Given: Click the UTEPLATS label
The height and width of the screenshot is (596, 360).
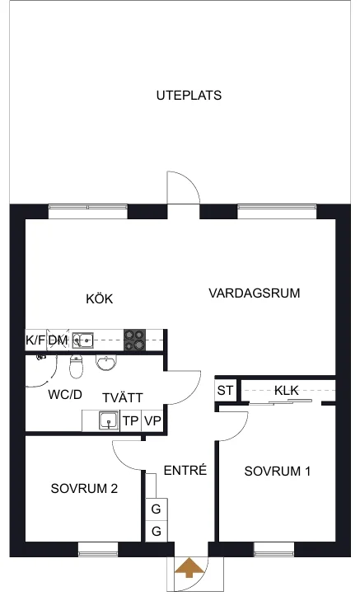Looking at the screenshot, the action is (189, 95).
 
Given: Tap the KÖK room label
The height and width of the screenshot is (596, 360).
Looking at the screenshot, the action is (100, 298).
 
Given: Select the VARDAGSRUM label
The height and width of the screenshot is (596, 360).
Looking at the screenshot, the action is (255, 293).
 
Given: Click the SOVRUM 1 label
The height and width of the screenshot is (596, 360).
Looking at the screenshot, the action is (278, 472).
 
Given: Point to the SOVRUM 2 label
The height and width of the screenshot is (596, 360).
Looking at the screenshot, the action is (84, 489).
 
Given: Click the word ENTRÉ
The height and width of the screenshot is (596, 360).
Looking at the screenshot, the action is (185, 470).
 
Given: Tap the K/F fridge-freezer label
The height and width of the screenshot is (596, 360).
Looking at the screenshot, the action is (35, 340).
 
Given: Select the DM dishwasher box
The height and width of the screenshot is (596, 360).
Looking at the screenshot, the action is (58, 340).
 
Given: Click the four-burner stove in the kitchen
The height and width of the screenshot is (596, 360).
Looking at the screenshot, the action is (135, 340).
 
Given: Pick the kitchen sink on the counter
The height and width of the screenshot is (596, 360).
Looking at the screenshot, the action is (83, 340).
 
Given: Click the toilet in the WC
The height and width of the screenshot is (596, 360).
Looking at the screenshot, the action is (76, 366).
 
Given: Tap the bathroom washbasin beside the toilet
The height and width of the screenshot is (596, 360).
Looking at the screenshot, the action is (104, 363).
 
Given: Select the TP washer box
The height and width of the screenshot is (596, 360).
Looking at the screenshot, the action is (131, 420).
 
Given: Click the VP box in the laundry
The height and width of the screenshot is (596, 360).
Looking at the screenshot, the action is (152, 420).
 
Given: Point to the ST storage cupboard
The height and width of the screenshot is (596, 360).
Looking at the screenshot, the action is (225, 391).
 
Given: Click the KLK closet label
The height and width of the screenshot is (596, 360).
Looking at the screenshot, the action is (287, 391).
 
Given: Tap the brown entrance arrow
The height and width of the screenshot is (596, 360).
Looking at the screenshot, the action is (189, 567).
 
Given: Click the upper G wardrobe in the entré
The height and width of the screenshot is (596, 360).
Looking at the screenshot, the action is (156, 509).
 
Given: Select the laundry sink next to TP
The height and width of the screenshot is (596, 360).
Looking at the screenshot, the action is (109, 420).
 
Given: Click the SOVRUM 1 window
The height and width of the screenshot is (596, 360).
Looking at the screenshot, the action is (274, 550).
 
